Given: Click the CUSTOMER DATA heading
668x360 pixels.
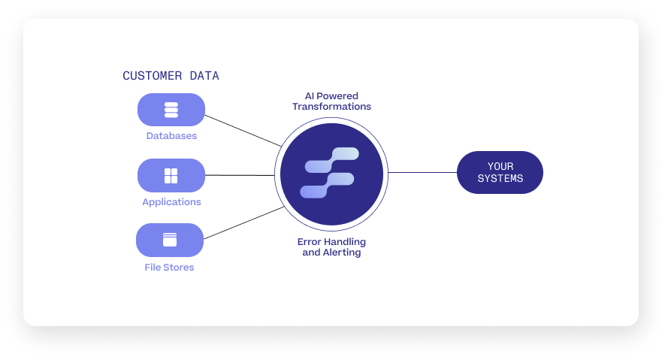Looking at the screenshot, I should (x=171, y=76).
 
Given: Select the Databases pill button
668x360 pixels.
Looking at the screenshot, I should (x=171, y=110).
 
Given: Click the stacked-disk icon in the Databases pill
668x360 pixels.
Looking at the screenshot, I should (x=171, y=110).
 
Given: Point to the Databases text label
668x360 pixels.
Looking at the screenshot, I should (x=171, y=136).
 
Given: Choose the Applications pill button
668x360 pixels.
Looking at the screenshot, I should (x=171, y=175).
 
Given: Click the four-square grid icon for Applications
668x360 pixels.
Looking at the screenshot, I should (x=171, y=176).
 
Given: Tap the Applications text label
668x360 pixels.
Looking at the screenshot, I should (x=171, y=201).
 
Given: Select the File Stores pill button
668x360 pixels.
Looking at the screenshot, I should (x=170, y=241).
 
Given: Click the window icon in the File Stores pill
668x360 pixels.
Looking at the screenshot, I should (x=170, y=241).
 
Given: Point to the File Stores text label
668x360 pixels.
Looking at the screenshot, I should (x=170, y=267).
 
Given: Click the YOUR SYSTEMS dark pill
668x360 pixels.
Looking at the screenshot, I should (x=500, y=172).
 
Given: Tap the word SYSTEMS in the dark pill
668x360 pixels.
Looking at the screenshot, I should (x=500, y=179).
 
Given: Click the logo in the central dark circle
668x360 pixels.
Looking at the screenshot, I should (x=331, y=174).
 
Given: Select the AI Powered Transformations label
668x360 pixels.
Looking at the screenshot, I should (x=331, y=101).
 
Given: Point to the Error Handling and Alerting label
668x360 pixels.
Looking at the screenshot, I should (x=331, y=247).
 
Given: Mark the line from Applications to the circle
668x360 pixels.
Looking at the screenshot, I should (x=240, y=175).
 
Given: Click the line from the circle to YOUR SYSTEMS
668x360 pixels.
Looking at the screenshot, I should (x=422, y=172).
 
